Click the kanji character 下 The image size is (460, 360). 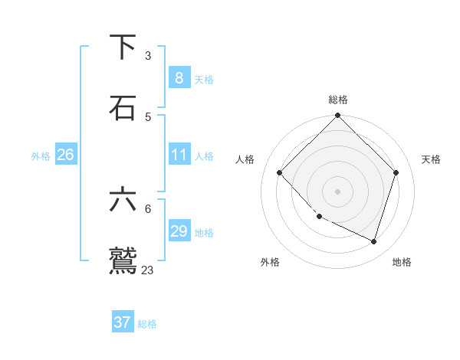[123, 47]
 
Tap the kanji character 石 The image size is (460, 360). [123, 107]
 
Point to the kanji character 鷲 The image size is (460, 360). [123, 259]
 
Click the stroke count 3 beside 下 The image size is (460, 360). [148, 55]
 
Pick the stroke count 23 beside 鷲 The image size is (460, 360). [148, 270]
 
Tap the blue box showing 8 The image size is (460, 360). [179, 77]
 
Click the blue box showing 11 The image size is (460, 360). [179, 155]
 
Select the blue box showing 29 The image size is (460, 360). [179, 231]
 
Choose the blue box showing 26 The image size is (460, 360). [65, 155]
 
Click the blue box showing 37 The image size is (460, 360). [122, 322]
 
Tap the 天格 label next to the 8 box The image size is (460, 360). [204, 79]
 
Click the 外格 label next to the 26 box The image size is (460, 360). [41, 156]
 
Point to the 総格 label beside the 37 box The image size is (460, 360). [147, 324]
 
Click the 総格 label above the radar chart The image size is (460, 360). [338, 100]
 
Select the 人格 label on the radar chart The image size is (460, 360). [245, 159]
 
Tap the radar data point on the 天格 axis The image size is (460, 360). [396, 172]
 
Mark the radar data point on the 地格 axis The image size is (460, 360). [373, 241]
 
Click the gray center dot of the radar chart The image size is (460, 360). [338, 191]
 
